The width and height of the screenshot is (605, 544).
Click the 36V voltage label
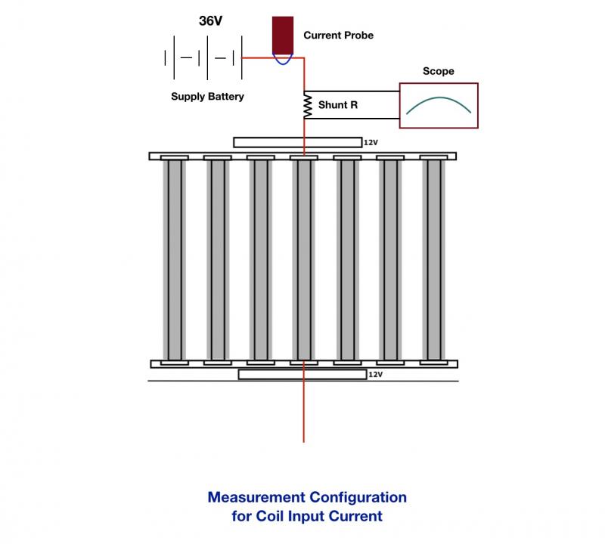[210, 21]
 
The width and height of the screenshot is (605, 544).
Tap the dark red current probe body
[283, 35]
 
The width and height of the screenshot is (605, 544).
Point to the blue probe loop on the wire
[283, 59]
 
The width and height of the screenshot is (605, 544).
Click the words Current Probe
[338, 36]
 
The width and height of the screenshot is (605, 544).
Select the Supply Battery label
[207, 97]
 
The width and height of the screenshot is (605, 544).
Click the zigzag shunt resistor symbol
[308, 105]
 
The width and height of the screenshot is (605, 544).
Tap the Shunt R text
[338, 105]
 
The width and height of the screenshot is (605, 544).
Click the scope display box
[439, 105]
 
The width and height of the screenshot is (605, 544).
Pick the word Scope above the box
[439, 71]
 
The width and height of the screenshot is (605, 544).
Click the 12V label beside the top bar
[371, 143]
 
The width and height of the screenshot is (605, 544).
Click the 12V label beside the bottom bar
[375, 374]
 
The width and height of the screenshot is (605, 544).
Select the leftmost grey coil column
[175, 260]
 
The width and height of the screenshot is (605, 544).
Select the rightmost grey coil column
[433, 260]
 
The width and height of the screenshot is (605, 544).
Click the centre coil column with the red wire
[304, 260]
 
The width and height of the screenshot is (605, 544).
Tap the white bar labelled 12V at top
[297, 142]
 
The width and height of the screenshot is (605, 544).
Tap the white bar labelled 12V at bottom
[302, 374]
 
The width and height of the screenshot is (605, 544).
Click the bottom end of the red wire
[304, 442]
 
